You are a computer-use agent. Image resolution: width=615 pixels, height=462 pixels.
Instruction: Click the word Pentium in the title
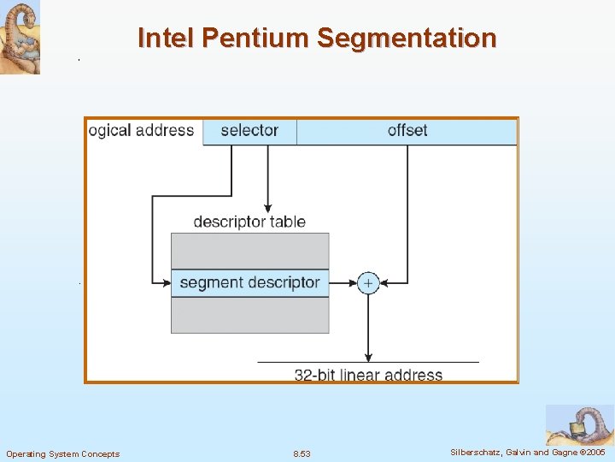click(261, 38)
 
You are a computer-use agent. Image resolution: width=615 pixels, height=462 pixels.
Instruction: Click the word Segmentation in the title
click(406, 38)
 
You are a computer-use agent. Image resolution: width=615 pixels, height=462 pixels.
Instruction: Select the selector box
click(249, 131)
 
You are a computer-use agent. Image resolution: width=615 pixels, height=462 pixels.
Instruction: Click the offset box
click(407, 131)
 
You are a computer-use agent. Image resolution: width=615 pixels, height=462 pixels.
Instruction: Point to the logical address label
click(142, 131)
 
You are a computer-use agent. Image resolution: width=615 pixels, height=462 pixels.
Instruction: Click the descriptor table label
click(249, 222)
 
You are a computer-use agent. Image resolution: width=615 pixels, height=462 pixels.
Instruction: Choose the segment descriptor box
click(249, 282)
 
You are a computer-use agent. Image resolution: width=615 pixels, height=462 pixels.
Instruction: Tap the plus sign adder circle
click(368, 282)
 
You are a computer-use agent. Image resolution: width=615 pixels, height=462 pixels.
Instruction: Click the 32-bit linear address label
click(368, 375)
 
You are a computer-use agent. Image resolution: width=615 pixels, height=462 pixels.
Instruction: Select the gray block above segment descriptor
click(249, 251)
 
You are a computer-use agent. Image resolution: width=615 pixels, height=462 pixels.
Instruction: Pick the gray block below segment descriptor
click(249, 315)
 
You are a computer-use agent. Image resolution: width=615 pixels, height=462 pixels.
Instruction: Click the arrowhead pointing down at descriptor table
click(267, 207)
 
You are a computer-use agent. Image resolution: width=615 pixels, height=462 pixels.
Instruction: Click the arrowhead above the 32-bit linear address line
click(368, 357)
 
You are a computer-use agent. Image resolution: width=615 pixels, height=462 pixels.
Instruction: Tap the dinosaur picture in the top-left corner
click(20, 38)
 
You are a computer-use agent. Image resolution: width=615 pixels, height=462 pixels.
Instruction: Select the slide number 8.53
click(302, 453)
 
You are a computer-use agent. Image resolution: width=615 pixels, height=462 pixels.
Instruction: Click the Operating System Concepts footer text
click(63, 453)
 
